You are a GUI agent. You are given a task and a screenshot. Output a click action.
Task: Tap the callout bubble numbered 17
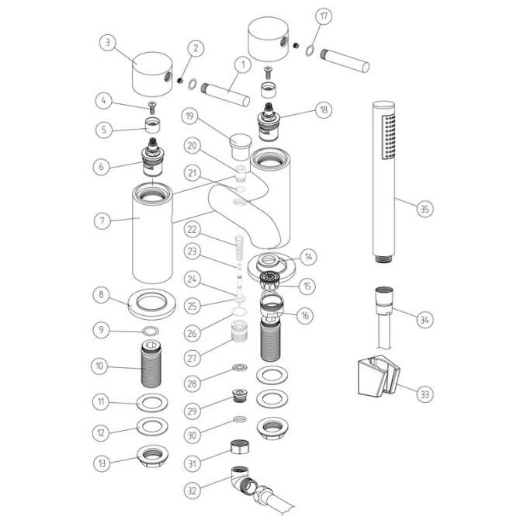324,16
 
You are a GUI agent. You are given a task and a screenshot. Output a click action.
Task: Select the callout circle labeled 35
424,209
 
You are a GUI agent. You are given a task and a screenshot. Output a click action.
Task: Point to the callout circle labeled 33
424,394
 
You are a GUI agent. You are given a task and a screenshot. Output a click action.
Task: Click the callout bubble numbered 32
192,490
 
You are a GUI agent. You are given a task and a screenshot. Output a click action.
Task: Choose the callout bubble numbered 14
309,256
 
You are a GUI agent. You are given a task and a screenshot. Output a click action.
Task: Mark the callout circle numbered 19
190,116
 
